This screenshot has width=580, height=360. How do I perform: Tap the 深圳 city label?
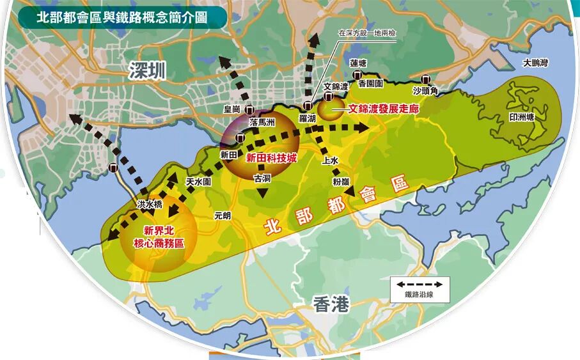coord(146,71)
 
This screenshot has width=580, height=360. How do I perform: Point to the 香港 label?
coord(332,306)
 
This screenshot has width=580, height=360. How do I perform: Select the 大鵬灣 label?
coord(535,63)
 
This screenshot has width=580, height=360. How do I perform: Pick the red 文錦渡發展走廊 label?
coord(383,109)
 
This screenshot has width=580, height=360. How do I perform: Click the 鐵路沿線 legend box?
coord(419,289)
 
